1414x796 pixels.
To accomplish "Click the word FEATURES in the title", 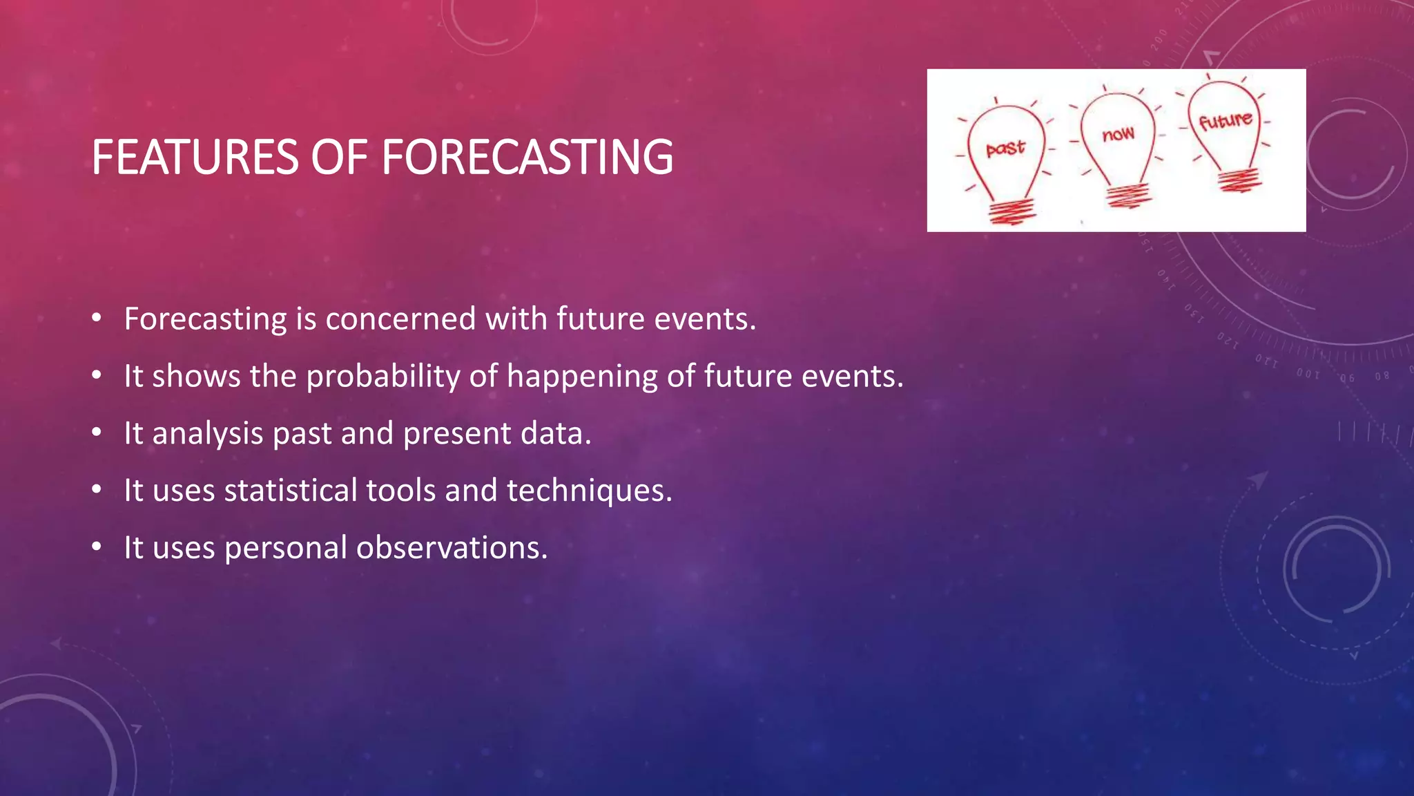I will [x=195, y=157].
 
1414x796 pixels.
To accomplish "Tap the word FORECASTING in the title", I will [x=527, y=157].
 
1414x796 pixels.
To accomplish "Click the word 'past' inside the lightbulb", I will [x=1005, y=148].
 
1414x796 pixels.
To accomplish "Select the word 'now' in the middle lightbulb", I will [x=1118, y=133].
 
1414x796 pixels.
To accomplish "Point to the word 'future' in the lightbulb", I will [x=1226, y=121].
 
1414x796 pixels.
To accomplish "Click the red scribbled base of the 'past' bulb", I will [x=1012, y=210].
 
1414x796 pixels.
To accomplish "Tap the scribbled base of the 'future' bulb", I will [x=1239, y=181].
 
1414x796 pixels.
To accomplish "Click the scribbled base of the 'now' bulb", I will [x=1128, y=195].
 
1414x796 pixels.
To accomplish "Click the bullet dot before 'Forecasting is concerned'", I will [x=97, y=319].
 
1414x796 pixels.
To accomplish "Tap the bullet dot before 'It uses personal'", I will [x=97, y=547].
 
